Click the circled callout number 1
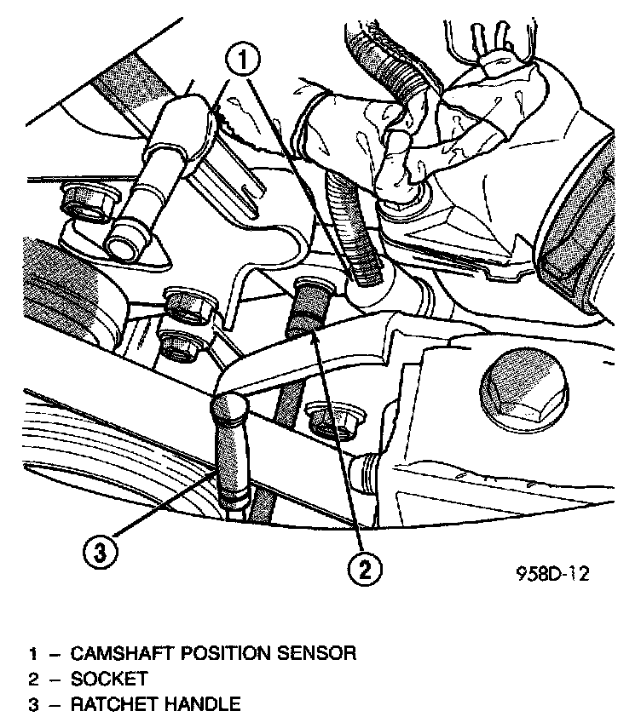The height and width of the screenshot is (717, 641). [x=244, y=60]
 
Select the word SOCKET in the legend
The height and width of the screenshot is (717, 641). [x=109, y=679]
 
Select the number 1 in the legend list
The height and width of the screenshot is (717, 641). [x=33, y=654]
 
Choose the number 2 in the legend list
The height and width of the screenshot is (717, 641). [x=33, y=679]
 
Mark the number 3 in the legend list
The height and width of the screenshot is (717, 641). [x=33, y=703]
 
